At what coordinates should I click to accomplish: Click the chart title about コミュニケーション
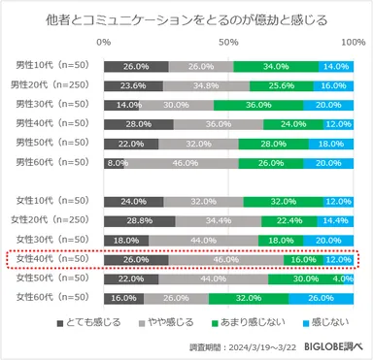[186, 19]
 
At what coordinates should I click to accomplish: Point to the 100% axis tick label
[353, 44]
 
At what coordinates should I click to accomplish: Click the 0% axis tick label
[104, 44]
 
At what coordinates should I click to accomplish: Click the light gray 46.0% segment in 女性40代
[225, 260]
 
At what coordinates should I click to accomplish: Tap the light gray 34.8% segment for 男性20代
[206, 85]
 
